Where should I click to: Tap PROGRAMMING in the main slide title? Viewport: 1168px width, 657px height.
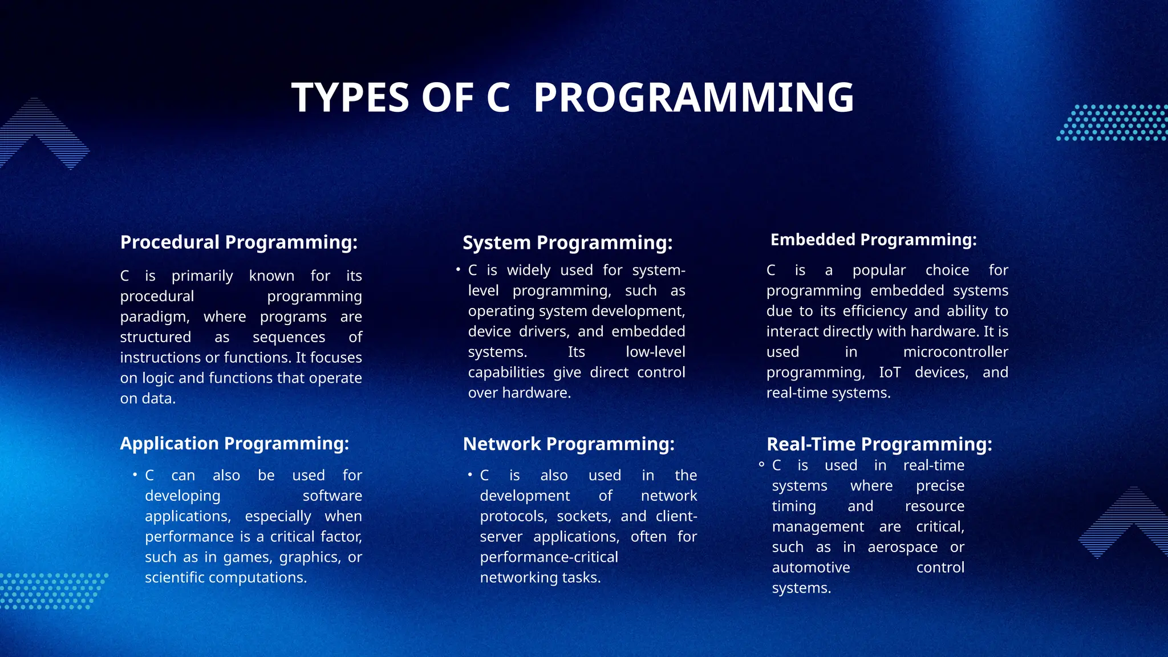coord(693,98)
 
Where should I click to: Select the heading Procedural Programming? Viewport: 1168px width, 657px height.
coord(239,242)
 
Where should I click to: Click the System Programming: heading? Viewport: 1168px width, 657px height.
coord(567,243)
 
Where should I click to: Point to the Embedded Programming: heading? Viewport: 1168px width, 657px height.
coord(873,240)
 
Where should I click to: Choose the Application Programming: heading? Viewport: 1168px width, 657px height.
coord(234,444)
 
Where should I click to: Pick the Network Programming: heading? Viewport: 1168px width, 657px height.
coord(569,444)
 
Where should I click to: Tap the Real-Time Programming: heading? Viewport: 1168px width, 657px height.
coord(879,444)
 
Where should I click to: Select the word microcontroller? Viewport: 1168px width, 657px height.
coord(955,352)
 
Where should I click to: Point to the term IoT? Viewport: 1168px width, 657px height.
coord(890,372)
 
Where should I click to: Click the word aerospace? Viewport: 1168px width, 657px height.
coord(902,547)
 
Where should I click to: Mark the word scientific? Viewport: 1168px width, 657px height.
coord(175,578)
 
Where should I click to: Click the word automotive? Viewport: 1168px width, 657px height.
coord(810,568)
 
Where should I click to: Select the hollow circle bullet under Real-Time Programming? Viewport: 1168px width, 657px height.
coord(761,465)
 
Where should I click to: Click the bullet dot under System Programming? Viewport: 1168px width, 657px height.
coord(458,269)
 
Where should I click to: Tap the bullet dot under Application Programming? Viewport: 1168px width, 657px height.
coord(135,474)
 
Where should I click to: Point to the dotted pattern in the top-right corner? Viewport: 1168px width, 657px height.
coord(1112,123)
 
